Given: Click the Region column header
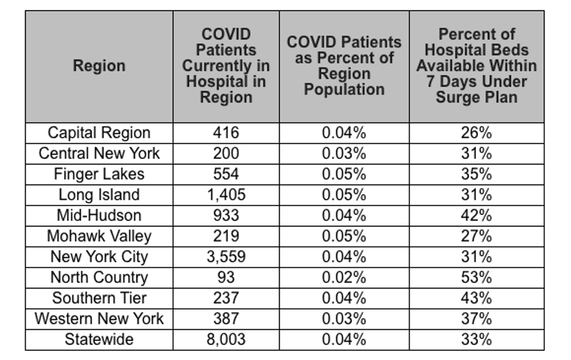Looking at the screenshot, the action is point(99,66).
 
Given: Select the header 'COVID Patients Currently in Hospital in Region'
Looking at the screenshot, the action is point(226,66).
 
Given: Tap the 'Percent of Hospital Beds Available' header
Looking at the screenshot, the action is point(477,66).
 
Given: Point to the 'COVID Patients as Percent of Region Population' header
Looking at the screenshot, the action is point(344,66).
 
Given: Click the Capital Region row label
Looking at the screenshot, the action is point(99,133).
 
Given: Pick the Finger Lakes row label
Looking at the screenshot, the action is point(99,174).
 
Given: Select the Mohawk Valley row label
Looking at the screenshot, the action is point(99,237).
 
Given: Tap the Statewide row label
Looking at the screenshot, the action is point(99,339).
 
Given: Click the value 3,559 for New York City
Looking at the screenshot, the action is point(226,257).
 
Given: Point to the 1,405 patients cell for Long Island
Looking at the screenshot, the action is point(226,195).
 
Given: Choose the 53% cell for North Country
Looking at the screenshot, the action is point(477,277).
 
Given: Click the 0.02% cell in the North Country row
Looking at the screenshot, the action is point(344,277).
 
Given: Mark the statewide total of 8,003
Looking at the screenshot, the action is point(226,339).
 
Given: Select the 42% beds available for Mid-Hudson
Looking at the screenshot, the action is point(477,216).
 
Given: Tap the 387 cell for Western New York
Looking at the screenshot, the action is point(226,319).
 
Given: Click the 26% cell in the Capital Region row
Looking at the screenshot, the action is point(477,133).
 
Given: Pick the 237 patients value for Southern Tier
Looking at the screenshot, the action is point(226,298).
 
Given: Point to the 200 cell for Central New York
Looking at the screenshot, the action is point(226,154).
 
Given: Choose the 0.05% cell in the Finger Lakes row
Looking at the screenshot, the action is point(344,174).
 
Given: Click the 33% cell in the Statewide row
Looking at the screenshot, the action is point(477,339).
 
